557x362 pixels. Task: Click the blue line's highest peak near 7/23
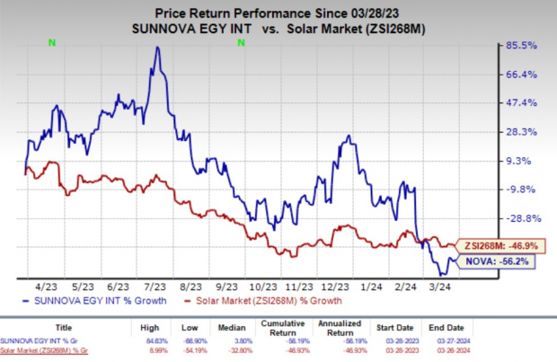click(x=157, y=48)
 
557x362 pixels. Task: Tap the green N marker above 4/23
click(x=51, y=41)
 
